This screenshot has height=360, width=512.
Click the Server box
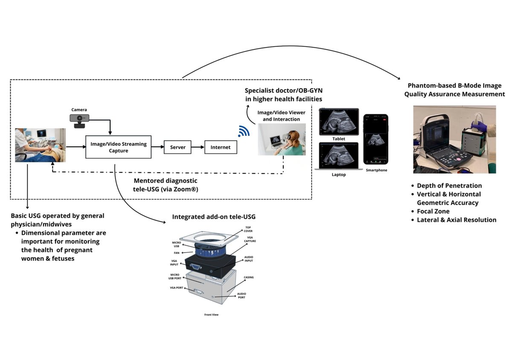[177, 147]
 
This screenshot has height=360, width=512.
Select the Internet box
[220, 147]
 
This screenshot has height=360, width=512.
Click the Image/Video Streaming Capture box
[118, 147]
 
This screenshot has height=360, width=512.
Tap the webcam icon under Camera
[80, 121]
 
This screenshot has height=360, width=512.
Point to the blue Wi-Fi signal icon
[244, 131]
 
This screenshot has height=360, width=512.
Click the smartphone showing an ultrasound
[375, 139]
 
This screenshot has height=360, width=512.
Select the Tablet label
[338, 139]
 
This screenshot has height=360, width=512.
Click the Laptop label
[338, 174]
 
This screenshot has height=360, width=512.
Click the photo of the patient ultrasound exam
[40, 145]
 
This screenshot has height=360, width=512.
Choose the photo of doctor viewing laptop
[282, 139]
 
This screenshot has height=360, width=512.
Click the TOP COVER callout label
[248, 229]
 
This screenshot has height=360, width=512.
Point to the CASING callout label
[248, 277]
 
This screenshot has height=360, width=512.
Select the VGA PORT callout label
[176, 287]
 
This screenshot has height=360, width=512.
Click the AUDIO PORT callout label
[241, 296]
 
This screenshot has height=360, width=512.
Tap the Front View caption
[211, 315]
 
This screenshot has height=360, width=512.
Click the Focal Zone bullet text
[433, 211]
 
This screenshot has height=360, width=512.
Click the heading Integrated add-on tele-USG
[214, 217]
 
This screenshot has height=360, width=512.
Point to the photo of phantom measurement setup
[454, 139]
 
